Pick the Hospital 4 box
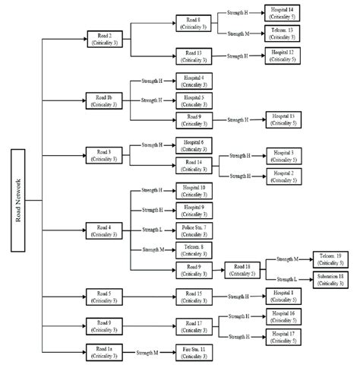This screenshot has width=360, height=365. click(194, 81)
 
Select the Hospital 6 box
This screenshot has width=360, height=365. click(194, 145)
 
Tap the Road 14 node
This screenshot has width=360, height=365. click(194, 166)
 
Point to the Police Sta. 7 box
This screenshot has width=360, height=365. click(194, 230)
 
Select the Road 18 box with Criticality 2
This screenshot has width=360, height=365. click(242, 270)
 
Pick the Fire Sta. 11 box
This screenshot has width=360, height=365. click(194, 352)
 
